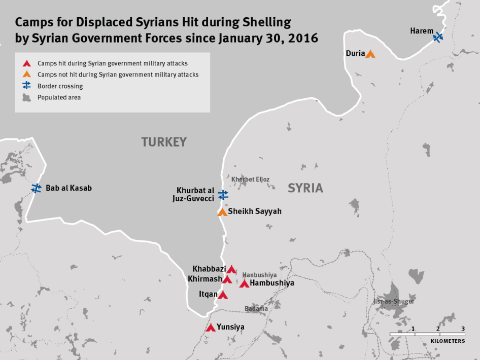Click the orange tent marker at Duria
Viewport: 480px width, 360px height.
(370, 54)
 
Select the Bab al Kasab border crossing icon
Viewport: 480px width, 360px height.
(37, 188)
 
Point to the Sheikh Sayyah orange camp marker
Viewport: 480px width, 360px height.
(222, 212)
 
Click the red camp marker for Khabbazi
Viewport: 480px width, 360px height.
(231, 269)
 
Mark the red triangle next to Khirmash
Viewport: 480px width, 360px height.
(227, 279)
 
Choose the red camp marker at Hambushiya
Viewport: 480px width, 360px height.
(244, 283)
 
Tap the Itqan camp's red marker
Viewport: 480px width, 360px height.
(223, 295)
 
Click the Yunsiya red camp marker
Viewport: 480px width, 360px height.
(211, 328)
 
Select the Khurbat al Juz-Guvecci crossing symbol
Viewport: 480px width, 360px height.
(223, 195)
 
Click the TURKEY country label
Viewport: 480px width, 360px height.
(164, 142)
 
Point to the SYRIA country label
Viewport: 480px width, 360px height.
(305, 188)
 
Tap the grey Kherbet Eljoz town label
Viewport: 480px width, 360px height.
(250, 179)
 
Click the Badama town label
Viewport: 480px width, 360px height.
(256, 308)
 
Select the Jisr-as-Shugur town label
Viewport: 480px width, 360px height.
(394, 301)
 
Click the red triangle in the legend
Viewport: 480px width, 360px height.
(27, 64)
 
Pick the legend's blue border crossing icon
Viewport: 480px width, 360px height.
(27, 86)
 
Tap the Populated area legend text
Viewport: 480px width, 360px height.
(59, 97)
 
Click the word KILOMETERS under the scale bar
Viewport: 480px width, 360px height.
(448, 341)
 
